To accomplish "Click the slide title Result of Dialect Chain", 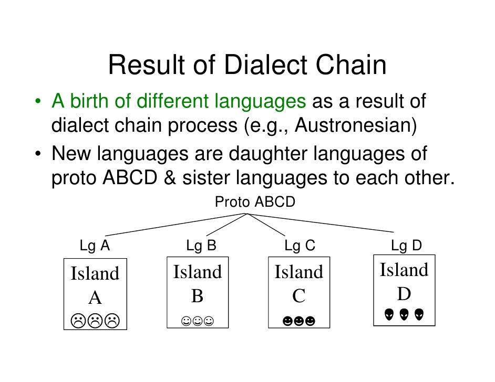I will [x=247, y=66].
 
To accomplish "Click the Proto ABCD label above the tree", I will [x=255, y=203].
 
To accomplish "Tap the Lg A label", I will [x=95, y=246].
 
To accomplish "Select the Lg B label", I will [x=201, y=246].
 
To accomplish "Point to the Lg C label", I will [x=300, y=246].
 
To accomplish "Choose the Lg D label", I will [x=406, y=246].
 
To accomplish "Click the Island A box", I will [x=95, y=294].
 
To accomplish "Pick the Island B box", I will [x=198, y=292].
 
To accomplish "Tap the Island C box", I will [x=299, y=292].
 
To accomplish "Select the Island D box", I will [x=404, y=290].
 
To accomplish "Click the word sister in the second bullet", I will [x=206, y=178].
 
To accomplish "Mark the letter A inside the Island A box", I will [x=95, y=298].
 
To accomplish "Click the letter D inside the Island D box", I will [x=404, y=294].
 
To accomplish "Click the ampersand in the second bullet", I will [x=169, y=178].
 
